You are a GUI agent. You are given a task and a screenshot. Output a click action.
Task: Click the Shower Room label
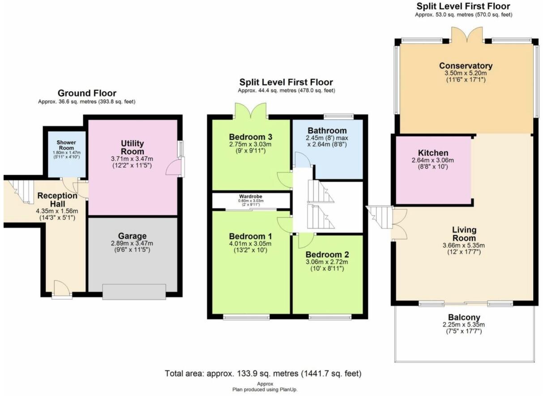click(x=66, y=145)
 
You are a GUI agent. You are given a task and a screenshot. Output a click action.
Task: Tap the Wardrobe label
click(x=250, y=196)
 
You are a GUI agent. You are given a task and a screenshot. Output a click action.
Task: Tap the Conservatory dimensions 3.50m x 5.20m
click(x=466, y=73)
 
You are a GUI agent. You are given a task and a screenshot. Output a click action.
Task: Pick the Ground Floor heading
click(x=87, y=93)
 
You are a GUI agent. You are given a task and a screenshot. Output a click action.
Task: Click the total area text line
click(x=263, y=373)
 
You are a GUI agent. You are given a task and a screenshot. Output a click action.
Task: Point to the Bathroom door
click(x=301, y=160)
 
